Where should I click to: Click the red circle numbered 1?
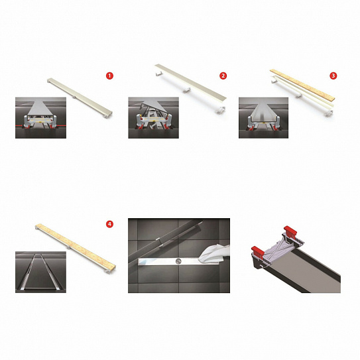click(110, 76)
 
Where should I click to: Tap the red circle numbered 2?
click(223, 76)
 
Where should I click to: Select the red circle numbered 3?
click(333, 76)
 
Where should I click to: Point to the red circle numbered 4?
click(110, 224)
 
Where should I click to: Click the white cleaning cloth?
click(213, 254)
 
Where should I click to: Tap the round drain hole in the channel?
click(178, 261)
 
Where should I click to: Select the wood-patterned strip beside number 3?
click(302, 85)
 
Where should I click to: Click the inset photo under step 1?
click(40, 117)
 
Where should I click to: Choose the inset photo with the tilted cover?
click(153, 117)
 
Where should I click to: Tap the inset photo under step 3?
click(263, 117)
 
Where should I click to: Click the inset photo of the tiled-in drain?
click(40, 272)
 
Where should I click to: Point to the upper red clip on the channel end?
click(290, 231)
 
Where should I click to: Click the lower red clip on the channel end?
click(258, 252)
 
